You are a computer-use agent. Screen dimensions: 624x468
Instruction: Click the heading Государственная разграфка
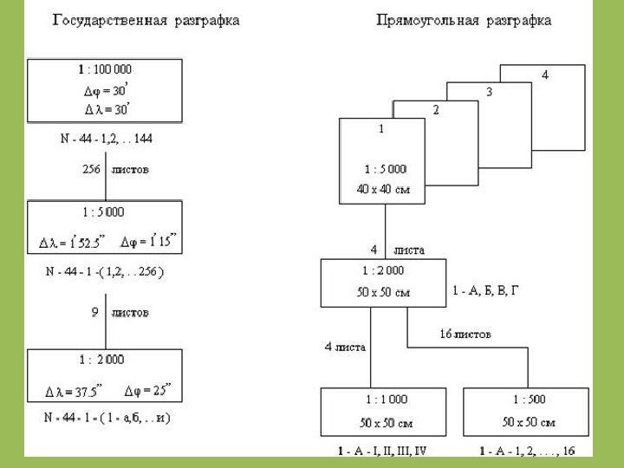point(147,18)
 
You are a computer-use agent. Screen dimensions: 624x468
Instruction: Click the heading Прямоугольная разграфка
point(464,18)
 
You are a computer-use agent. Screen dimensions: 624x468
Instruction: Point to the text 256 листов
point(115,170)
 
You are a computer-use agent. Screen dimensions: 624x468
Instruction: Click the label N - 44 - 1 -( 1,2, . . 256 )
point(105,270)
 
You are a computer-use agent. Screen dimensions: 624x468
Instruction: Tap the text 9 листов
point(120,311)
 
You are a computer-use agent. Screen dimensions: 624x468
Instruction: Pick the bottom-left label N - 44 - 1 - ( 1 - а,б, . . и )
point(107,417)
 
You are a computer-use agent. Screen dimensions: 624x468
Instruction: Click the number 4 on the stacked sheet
point(545,75)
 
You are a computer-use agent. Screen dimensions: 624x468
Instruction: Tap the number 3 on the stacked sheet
point(490,93)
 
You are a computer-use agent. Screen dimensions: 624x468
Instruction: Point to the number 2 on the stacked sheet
point(436,110)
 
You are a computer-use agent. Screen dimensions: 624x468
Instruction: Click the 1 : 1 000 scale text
point(383,400)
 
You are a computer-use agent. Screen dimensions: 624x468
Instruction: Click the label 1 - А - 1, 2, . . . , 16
point(528,452)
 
